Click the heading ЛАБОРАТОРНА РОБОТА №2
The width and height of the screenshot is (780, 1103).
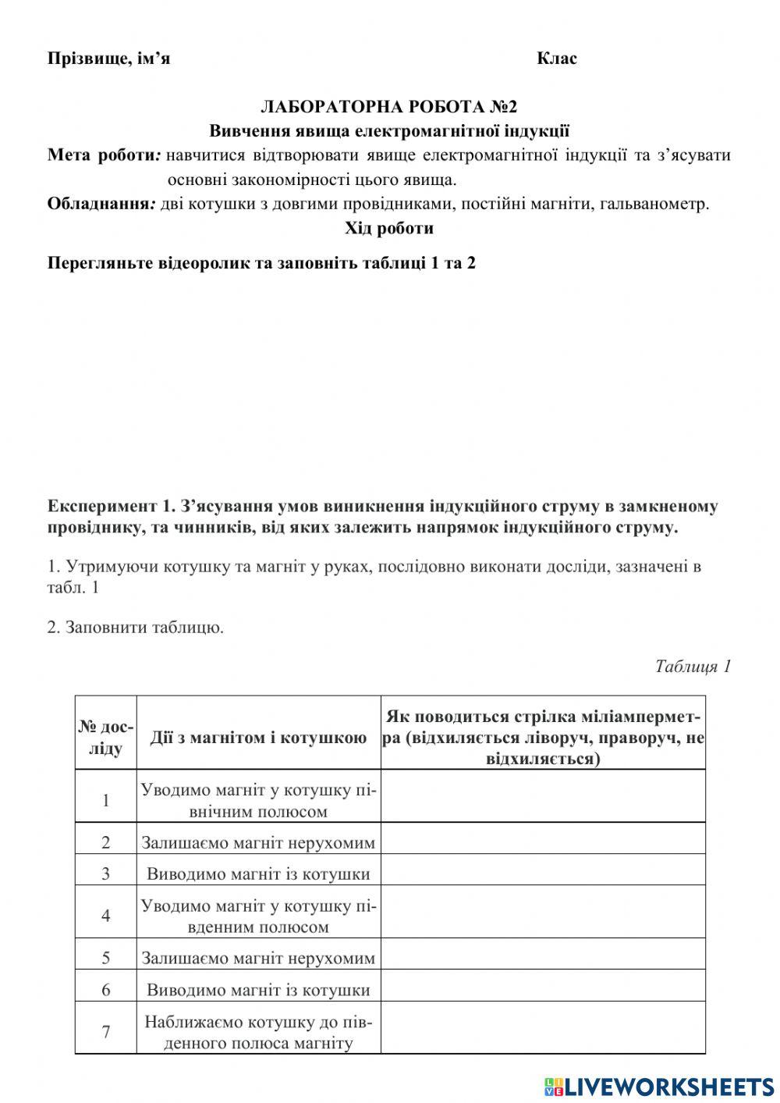pos(388,106)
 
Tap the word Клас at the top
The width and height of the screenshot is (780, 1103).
pos(557,59)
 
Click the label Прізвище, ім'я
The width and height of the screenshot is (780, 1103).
pos(108,59)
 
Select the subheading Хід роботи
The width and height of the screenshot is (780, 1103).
pos(389,229)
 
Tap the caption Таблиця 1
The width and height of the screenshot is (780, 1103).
pos(693,666)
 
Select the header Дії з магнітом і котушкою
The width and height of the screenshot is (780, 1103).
pos(258,738)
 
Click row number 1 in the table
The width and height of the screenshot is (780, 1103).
pos(106,801)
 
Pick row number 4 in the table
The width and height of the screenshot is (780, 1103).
pos(106,916)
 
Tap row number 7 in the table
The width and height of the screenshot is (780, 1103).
pos(106,1032)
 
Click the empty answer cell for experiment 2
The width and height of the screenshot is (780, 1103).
pos(543,842)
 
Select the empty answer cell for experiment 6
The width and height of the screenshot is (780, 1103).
pos(543,990)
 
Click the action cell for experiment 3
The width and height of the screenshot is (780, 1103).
pos(258,874)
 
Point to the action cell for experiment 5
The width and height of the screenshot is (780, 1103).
pos(258,958)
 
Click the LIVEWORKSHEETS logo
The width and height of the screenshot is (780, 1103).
pos(658,1086)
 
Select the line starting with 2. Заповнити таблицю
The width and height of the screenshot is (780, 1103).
pos(135,627)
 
